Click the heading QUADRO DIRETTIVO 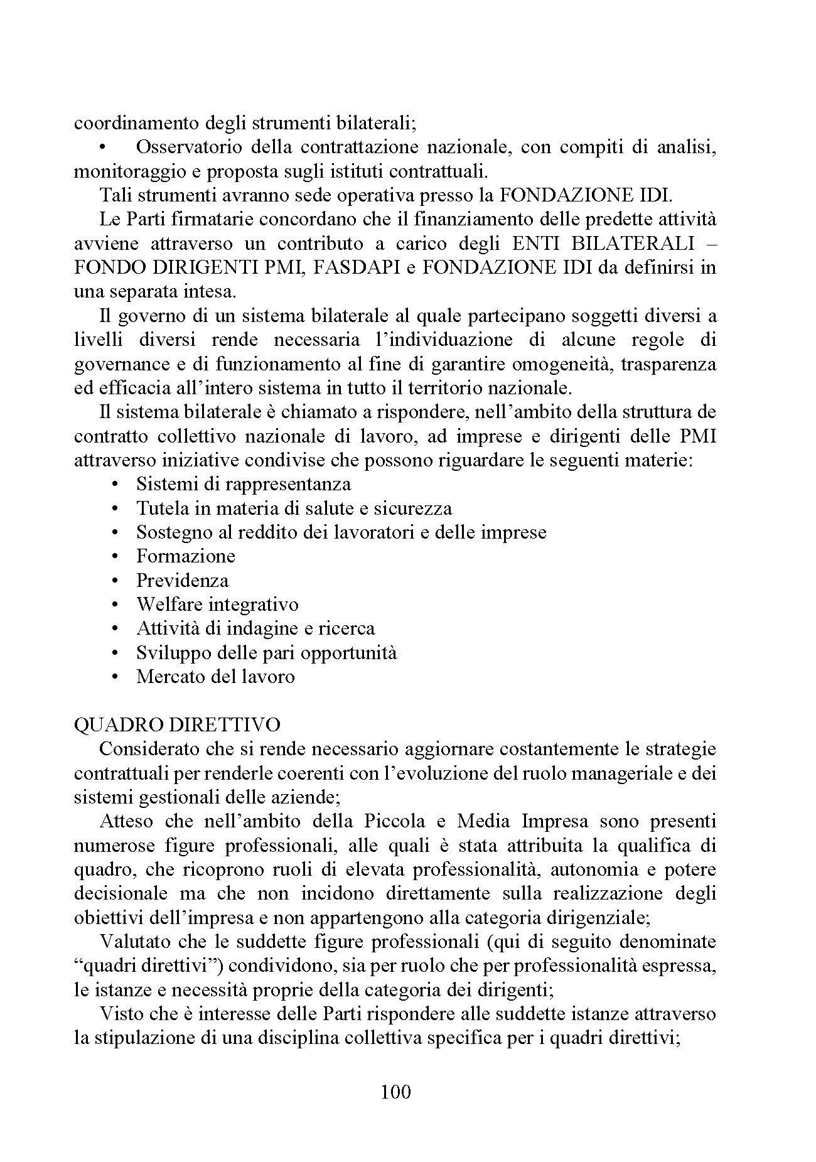tap(177, 724)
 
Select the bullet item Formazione tap(186, 556)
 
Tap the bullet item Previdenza tap(182, 580)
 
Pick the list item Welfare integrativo tap(217, 604)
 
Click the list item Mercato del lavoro tap(215, 677)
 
